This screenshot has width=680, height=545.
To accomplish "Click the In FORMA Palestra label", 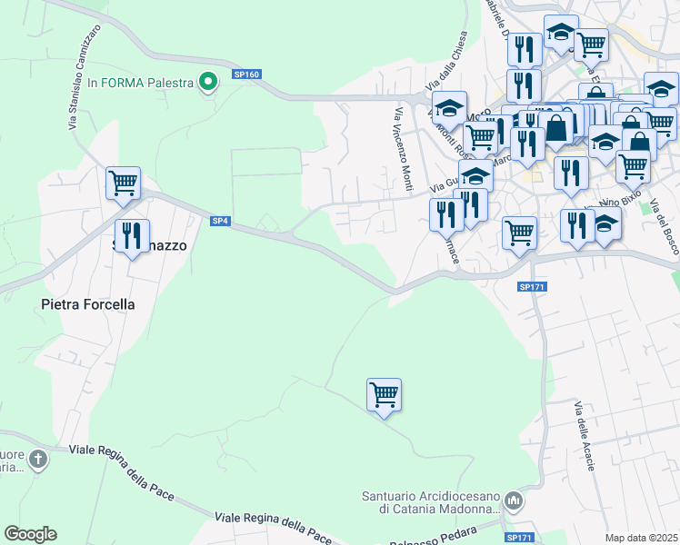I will [x=141, y=83].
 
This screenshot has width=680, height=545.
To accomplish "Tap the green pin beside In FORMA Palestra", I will [x=208, y=83].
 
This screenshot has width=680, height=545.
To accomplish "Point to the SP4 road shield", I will [x=220, y=221].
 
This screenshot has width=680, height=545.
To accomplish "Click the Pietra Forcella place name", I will [x=88, y=304].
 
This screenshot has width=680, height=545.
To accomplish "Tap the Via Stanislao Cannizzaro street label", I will [x=84, y=77].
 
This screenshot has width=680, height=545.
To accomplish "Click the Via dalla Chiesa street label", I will [x=455, y=60].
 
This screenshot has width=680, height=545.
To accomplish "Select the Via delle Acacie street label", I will [x=585, y=436].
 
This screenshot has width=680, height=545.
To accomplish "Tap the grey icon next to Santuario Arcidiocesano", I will [x=515, y=500].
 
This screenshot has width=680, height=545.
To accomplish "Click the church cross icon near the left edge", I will [x=38, y=459].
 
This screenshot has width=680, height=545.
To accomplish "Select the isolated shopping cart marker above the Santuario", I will [x=385, y=395].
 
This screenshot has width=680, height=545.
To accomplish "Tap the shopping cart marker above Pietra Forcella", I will [x=123, y=183].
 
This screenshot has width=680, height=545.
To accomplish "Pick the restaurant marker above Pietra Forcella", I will [x=133, y=235].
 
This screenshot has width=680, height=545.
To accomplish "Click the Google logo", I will [x=30, y=534].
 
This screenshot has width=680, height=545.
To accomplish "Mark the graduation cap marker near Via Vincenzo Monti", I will [x=449, y=108].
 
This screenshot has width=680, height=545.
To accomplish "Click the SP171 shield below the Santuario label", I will [x=520, y=538].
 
